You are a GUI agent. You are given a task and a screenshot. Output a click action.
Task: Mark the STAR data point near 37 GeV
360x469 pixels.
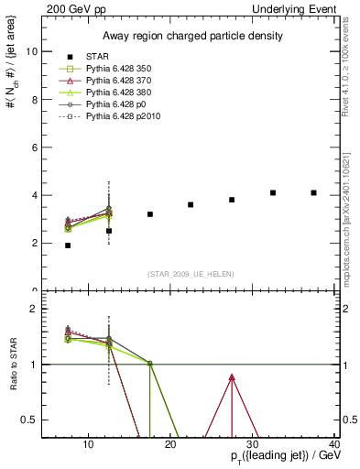(314, 192)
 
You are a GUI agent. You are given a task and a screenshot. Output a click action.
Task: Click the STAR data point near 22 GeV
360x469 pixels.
(191, 204)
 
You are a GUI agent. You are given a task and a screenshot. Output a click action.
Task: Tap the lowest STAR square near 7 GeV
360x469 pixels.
(68, 245)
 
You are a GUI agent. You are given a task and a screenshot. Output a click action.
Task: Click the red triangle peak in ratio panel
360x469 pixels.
(232, 377)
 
